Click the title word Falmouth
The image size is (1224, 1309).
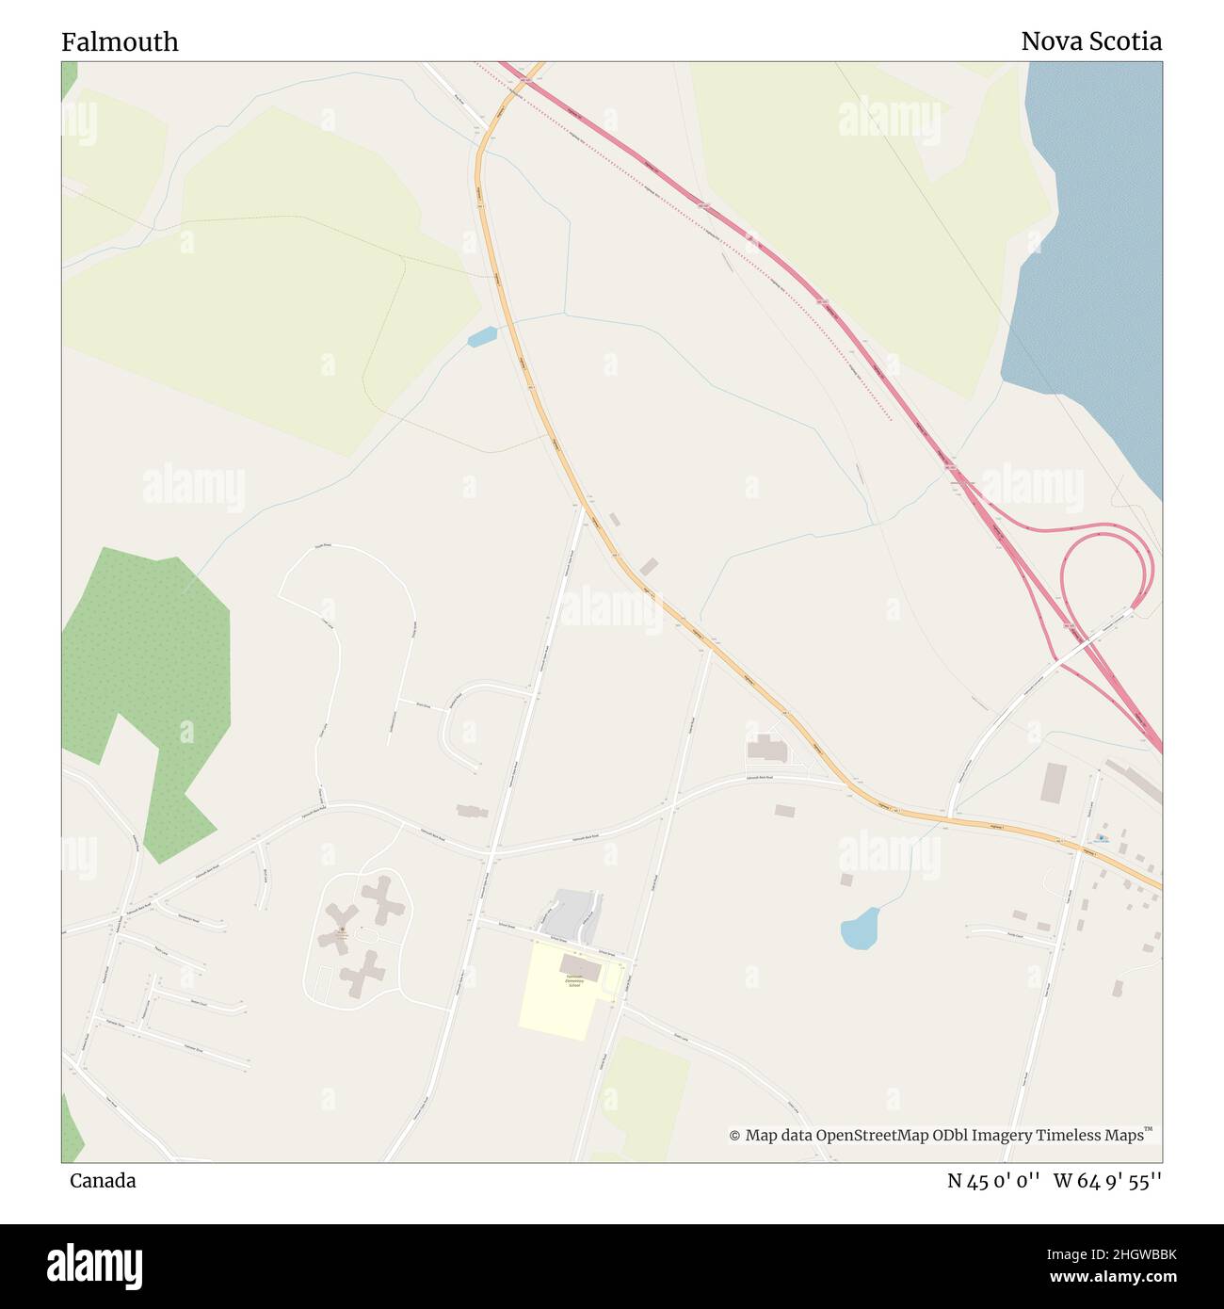[120, 42]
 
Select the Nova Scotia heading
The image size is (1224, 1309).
[1090, 41]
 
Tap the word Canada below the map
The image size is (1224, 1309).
[103, 1180]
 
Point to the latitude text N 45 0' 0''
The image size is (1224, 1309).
[993, 1181]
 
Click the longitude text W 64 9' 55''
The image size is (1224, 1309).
[1107, 1181]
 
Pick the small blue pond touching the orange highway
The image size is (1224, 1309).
[482, 336]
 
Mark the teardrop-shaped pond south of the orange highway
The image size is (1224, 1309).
[860, 929]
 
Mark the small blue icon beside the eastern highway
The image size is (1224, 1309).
[1101, 836]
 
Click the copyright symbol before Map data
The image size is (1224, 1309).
[734, 1136]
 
